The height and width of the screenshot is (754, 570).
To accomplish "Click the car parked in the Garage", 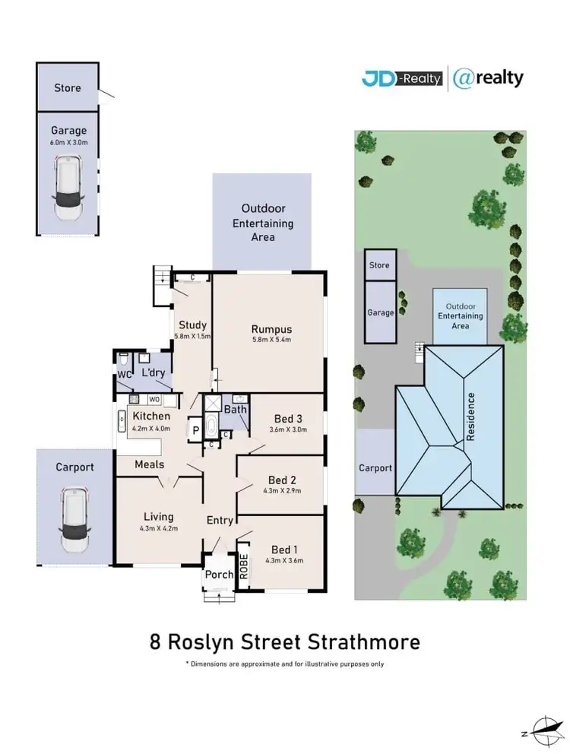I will coord(69,188).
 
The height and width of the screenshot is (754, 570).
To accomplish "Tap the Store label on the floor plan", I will coord(67,88).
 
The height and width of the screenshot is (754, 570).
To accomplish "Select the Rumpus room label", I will coord(271,329).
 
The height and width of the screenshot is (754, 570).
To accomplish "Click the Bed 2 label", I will coord(281,480).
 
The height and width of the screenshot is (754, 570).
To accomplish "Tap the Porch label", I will coord(220,575).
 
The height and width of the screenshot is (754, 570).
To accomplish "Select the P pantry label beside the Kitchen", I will coord(195,429).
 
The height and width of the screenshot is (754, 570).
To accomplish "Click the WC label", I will coord(125,374).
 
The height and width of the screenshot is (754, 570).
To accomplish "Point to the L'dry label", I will coord(152,374).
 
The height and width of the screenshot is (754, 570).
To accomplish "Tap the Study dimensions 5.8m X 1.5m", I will coord(192,336).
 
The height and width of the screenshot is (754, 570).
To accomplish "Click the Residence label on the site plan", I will coord(471,417).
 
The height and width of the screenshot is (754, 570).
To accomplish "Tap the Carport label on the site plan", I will coord(375,468).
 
